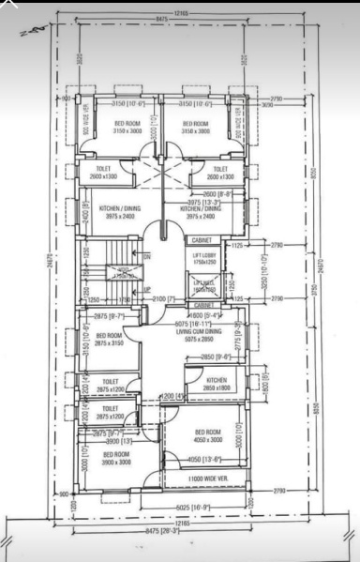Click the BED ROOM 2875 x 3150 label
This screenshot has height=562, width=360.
[x=109, y=339]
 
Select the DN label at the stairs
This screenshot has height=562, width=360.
[x=146, y=255]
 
